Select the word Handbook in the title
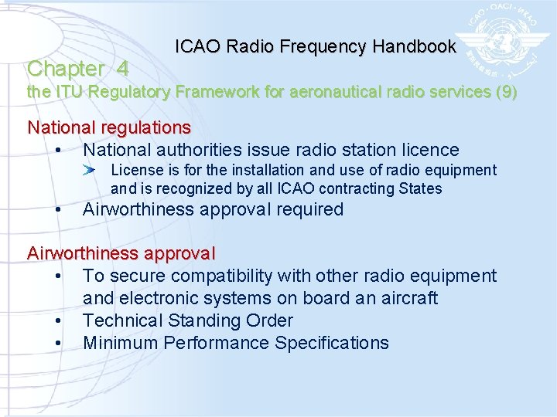pos(414,46)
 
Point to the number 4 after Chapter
pos(122,69)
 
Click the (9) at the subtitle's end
pos(506,92)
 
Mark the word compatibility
pos(219,276)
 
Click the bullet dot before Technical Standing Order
pos(58,320)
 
